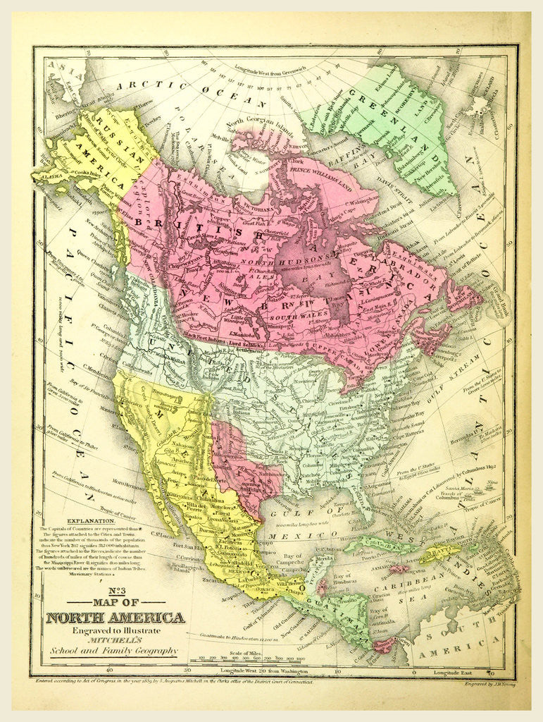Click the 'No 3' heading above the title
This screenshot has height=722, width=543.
tap(115, 593)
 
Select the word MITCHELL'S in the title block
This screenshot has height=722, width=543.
tap(113, 640)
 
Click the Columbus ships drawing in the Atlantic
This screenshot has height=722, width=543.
tap(481, 489)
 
